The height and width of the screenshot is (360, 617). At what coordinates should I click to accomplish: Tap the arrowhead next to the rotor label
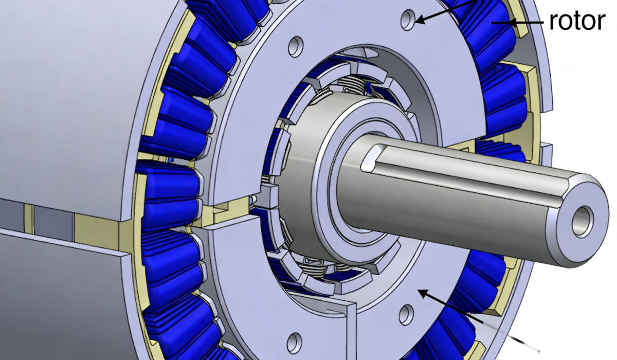(x=511, y=22)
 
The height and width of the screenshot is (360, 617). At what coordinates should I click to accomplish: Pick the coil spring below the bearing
(x=314, y=265)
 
